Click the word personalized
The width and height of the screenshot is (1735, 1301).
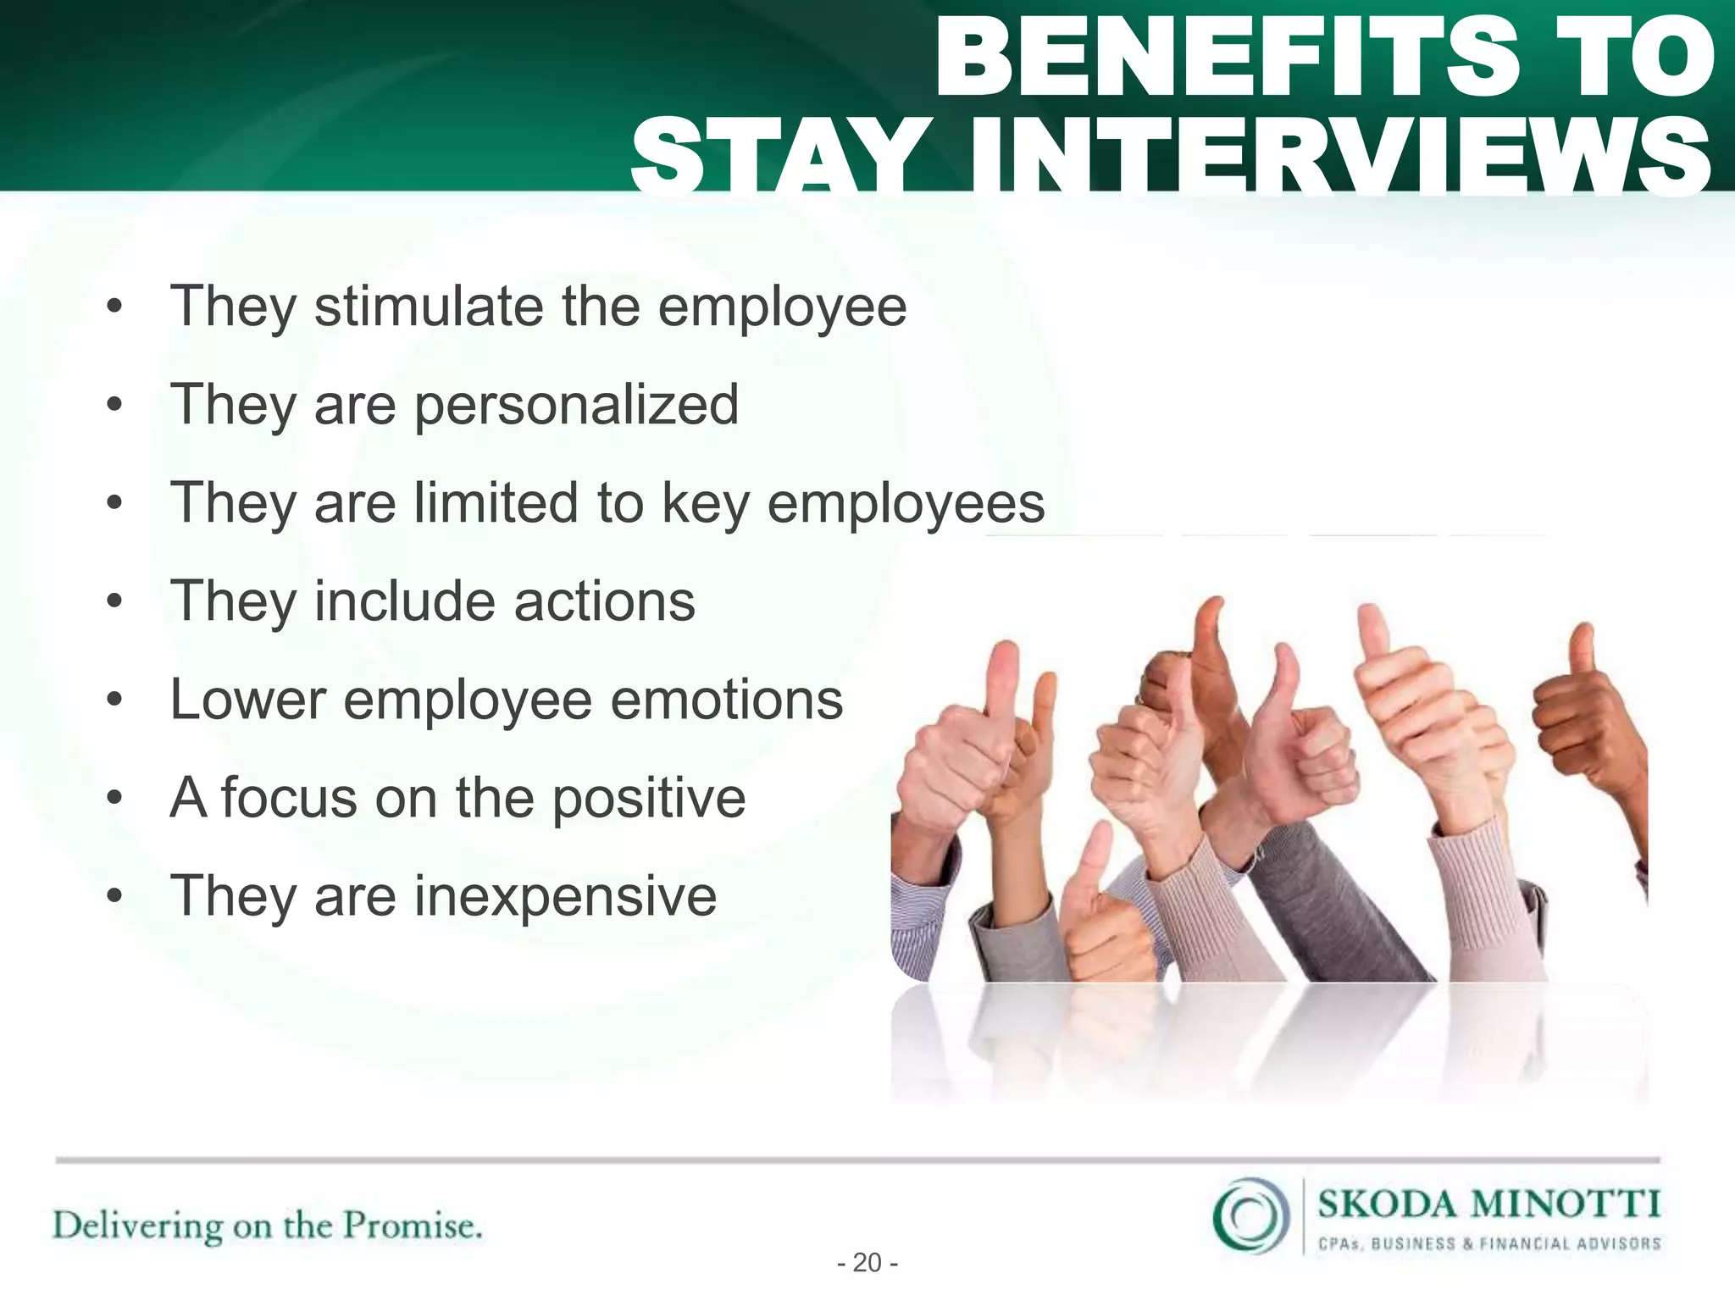[x=576, y=405]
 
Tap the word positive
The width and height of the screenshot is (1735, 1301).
[x=649, y=799]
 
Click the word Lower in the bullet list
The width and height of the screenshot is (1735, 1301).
[x=248, y=700]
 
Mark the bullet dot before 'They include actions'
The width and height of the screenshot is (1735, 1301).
[x=115, y=602]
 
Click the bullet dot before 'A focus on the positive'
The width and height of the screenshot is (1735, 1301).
[x=115, y=799]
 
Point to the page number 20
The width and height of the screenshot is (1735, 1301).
[x=867, y=1263]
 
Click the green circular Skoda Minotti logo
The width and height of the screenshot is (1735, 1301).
[x=1250, y=1216]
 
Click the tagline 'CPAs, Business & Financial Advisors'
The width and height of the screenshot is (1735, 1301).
[x=1488, y=1244]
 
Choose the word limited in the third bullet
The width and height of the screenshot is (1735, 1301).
[x=496, y=503]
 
